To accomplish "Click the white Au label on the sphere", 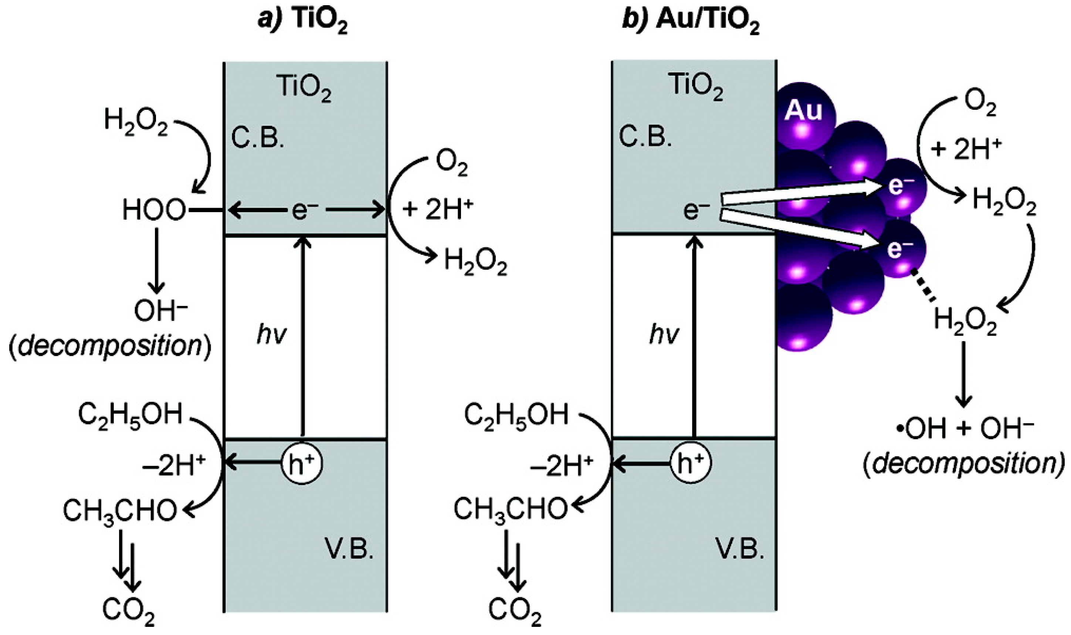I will point(803,111).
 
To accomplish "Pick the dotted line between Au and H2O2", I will point(924,285).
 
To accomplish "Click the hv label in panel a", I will point(271,335).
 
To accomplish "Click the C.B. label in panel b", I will point(645,137).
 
